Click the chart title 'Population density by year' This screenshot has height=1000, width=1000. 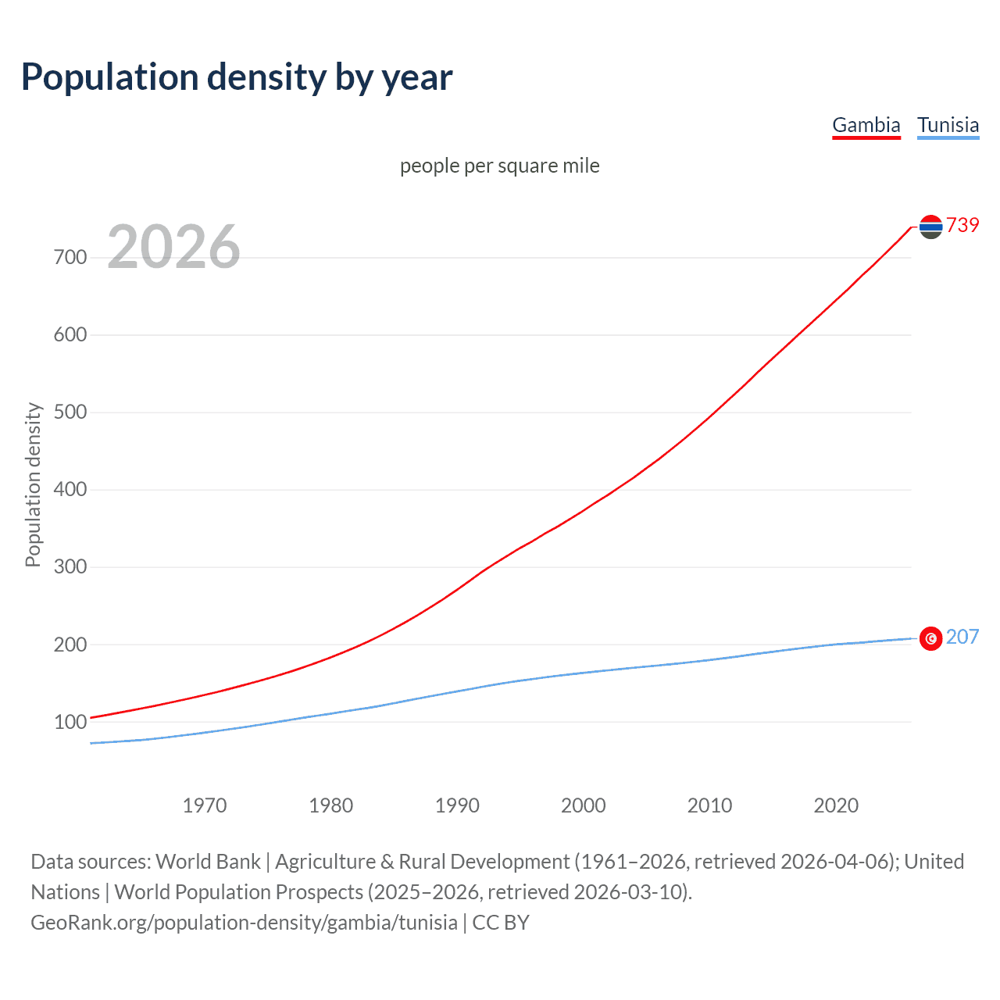click(237, 77)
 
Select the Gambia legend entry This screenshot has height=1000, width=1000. click(866, 125)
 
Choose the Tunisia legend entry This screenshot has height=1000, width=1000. click(948, 125)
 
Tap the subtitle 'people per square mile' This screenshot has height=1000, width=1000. click(500, 166)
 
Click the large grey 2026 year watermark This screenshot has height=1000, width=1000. click(173, 247)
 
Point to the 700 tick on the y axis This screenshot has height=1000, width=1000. click(70, 257)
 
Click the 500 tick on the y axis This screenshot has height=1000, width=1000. click(70, 412)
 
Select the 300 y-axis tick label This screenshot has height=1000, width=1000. click(70, 566)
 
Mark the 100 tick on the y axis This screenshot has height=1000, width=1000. click(70, 722)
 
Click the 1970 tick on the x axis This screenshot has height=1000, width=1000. click(205, 805)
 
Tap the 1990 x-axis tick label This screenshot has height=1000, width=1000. click(457, 805)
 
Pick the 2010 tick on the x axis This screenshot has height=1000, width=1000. click(709, 805)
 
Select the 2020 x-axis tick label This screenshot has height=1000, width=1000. click(836, 805)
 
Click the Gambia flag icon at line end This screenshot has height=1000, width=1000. click(930, 227)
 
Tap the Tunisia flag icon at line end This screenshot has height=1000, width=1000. click(930, 638)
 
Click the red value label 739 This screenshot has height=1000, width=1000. click(962, 225)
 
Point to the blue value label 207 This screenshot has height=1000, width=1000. click(962, 637)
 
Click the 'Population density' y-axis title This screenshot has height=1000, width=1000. click(33, 484)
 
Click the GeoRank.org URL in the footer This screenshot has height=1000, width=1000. click(244, 923)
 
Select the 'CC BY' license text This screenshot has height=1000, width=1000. click(501, 923)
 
